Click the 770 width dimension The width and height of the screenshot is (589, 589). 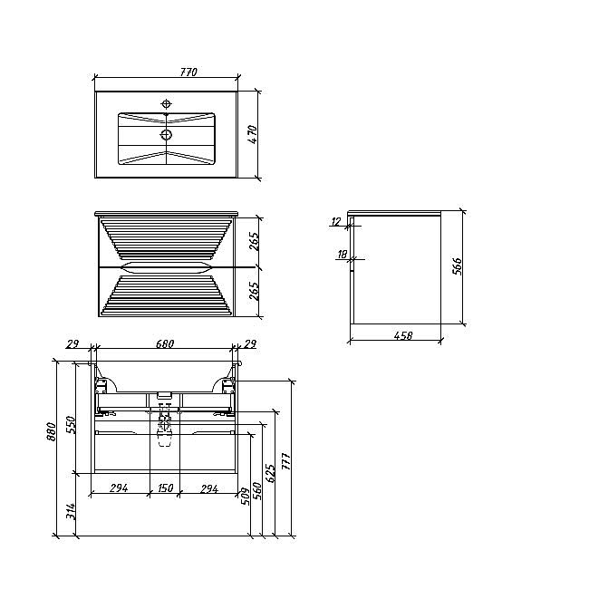click(x=188, y=72)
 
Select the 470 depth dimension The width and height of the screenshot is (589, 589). click(x=253, y=134)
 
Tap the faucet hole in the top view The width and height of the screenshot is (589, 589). click(x=166, y=103)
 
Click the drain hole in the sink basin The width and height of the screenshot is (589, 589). click(x=166, y=134)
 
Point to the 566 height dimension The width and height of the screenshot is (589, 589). click(x=457, y=266)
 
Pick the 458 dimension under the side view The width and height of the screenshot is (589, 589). click(x=403, y=335)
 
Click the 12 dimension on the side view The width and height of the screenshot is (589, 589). click(x=335, y=222)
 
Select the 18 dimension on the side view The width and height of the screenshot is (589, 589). click(x=342, y=255)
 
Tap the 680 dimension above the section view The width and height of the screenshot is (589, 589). click(x=164, y=343)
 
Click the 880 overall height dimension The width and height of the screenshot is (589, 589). click(x=51, y=431)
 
